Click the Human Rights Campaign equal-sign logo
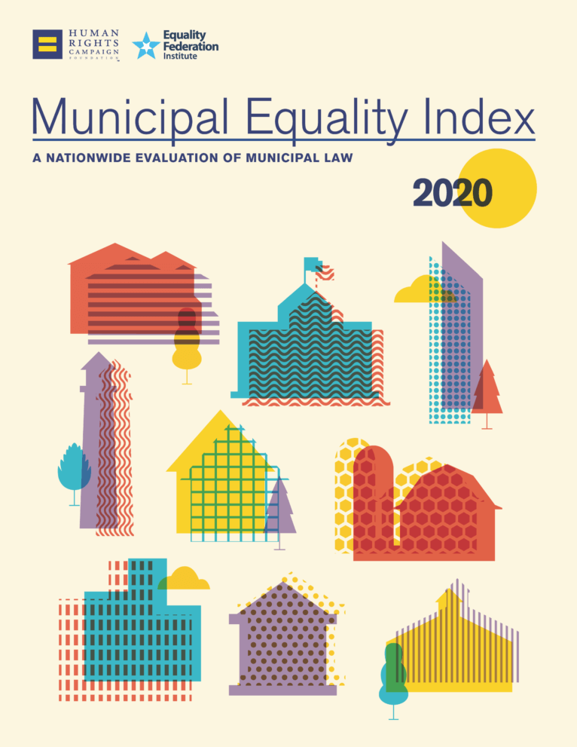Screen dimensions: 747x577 tap(47, 44)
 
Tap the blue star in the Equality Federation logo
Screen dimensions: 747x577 tap(145, 46)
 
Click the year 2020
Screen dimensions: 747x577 tap(452, 194)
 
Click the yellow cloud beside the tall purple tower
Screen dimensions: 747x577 tap(417, 292)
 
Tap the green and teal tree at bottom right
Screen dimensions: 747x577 tap(393, 675)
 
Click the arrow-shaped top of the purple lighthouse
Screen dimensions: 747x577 tap(96, 361)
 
